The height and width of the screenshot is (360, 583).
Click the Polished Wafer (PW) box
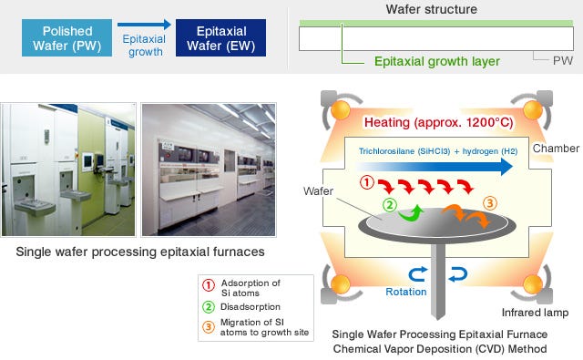coord(66,38)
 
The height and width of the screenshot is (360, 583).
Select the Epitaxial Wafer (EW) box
coord(220,38)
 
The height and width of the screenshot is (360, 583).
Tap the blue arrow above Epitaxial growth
coord(144,25)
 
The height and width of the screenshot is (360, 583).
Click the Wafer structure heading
coord(431,9)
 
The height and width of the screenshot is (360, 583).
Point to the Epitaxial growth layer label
coord(437,61)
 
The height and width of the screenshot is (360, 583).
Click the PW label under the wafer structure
coord(563,61)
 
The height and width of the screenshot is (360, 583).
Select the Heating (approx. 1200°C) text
coord(439,122)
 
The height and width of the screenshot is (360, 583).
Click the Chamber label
coord(556,149)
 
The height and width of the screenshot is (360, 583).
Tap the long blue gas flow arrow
coord(435,167)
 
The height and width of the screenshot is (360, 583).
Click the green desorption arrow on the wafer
coord(412,213)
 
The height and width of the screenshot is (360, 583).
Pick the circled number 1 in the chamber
coord(366,182)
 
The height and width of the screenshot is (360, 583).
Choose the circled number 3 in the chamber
coord(490,203)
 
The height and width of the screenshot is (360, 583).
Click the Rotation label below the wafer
coord(406,292)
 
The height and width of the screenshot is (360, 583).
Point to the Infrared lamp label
coord(535,313)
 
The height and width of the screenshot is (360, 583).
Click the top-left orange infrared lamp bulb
coord(341,109)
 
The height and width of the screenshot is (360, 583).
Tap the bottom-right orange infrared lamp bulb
coord(533,285)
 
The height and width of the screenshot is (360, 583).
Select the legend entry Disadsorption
coord(251,307)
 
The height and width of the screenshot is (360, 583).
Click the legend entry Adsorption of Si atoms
coord(251,288)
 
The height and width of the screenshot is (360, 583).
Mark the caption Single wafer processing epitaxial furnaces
coord(140,252)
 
